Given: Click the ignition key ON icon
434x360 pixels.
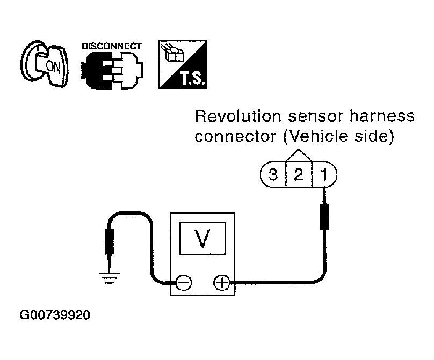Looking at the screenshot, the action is point(44,64).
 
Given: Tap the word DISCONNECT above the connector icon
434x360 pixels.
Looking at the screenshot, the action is point(112,46).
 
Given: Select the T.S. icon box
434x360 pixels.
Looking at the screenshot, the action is point(183,65).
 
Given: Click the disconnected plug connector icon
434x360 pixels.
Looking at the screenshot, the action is point(112,70).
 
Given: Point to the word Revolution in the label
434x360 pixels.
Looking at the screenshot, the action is point(238,116).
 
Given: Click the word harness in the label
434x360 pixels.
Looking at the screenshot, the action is point(382,116).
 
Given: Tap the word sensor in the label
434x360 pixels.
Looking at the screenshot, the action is point(315,116).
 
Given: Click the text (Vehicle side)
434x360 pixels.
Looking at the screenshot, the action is point(338,137).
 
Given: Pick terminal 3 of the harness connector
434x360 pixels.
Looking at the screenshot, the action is point(273,175).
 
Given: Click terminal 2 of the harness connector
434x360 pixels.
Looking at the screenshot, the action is point(299,175).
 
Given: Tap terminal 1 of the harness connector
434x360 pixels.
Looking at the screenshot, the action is point(324,175).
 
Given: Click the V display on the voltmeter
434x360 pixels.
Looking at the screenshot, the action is point(203,238).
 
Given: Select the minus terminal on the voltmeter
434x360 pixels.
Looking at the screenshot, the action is point(184,283).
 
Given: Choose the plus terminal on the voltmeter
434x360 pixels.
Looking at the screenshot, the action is point(221,283).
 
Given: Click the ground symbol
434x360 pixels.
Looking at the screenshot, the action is point(110,278).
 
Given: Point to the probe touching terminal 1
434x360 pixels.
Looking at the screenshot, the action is point(324,209).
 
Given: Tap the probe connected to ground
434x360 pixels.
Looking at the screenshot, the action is point(110,250).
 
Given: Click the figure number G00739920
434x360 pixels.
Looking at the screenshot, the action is point(55,315).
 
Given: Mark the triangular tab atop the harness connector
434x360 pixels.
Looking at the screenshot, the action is point(299,156).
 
